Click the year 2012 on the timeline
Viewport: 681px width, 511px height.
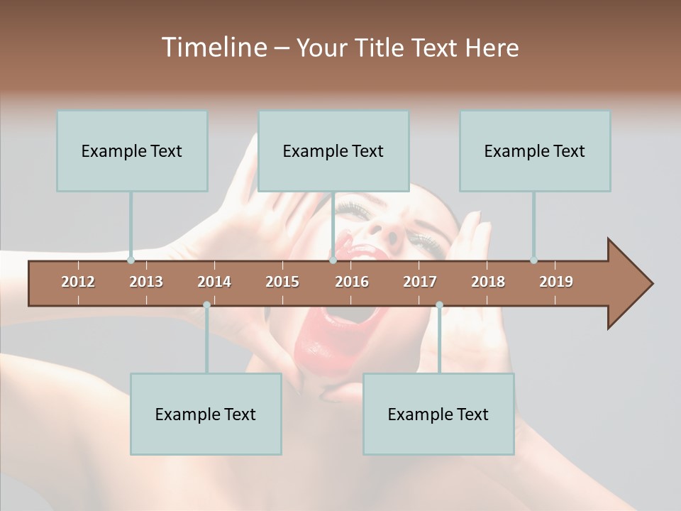click(x=78, y=282)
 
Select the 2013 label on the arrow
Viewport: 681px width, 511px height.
click(x=146, y=282)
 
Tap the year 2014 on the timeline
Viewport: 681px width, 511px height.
click(x=214, y=282)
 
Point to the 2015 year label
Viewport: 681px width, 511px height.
click(x=282, y=282)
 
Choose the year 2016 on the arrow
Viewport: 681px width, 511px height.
click(x=352, y=282)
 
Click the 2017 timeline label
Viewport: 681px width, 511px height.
click(x=420, y=282)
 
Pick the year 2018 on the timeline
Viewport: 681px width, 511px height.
click(x=488, y=282)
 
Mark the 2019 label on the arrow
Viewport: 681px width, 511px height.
click(x=556, y=282)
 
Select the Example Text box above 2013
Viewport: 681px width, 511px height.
click(x=132, y=150)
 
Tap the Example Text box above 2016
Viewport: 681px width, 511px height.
click(x=333, y=150)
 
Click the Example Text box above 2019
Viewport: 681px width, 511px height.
click(x=535, y=150)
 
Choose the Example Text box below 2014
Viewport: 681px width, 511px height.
click(x=206, y=414)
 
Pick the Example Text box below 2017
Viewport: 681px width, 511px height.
click(x=438, y=414)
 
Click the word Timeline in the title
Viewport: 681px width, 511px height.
click(x=214, y=48)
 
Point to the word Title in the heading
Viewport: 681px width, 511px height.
click(x=382, y=48)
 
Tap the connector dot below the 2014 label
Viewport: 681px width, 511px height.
click(x=206, y=305)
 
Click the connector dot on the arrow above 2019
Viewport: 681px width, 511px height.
click(x=533, y=260)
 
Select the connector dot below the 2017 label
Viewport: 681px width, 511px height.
click(x=439, y=305)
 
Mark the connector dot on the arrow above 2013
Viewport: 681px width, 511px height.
click(x=131, y=260)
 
